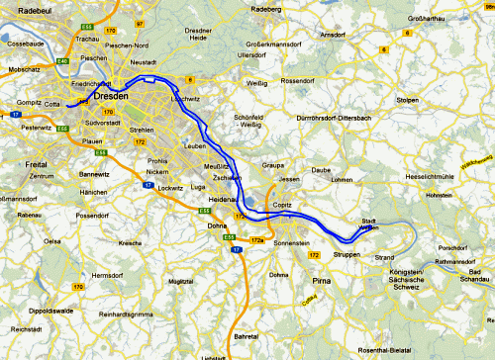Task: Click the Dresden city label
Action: coord(114,98)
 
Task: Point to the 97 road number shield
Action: coord(140,22)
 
